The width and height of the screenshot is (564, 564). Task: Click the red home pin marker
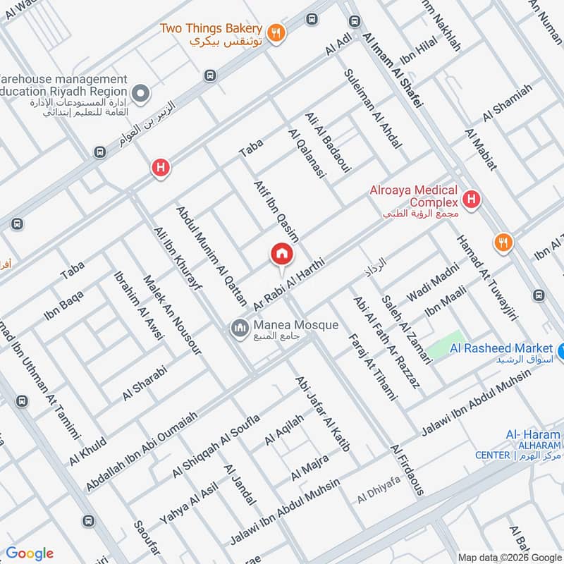coord(282,255)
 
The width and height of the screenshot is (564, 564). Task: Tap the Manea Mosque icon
coord(240,326)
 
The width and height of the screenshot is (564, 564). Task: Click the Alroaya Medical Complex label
coord(415,197)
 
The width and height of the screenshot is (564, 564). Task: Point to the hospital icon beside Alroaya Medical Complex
coord(472,199)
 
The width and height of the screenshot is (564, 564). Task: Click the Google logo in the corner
coord(30,553)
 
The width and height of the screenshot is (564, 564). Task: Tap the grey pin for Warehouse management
coord(142,92)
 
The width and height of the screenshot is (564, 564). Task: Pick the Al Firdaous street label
coord(407,470)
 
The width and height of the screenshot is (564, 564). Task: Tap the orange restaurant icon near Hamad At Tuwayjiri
coord(504,243)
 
